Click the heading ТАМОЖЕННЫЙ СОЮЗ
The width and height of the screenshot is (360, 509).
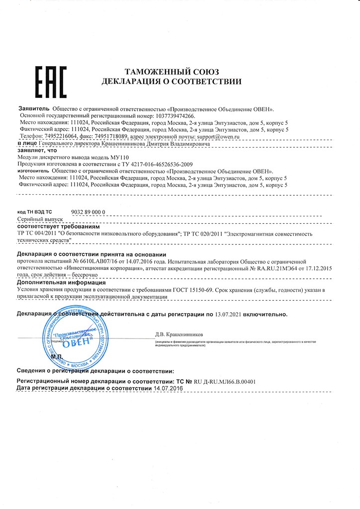[x=171, y=72]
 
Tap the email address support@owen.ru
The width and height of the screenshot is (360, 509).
[x=218, y=136]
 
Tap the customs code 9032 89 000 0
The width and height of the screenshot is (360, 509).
[x=89, y=211]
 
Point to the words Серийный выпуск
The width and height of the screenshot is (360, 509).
[x=40, y=219]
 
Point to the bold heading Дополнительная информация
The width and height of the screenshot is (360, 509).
[x=60, y=282]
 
